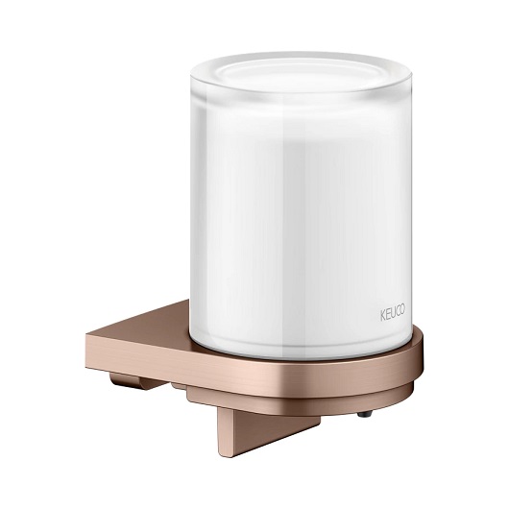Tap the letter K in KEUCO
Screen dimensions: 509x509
pos(382,316)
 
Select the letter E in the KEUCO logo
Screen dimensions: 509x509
pos(387,315)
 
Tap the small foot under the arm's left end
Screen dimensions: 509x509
pos(125,381)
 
